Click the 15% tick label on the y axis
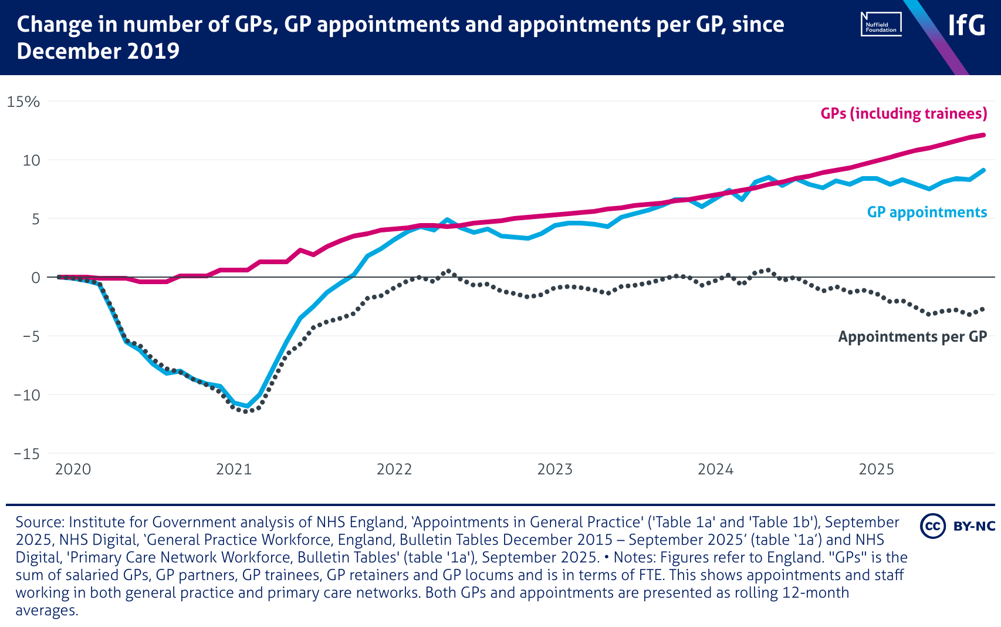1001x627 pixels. pos(23,102)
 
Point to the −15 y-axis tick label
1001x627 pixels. pos(27,454)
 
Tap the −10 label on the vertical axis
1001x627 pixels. pos(27,395)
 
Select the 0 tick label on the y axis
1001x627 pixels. pos(35,278)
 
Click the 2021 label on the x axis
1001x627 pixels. pos(234,469)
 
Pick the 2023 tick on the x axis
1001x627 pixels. pos(554,469)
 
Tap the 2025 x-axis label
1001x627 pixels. pos(876,469)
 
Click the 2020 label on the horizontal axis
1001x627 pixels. pos(73,469)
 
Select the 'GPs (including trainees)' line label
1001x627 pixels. pos(904,113)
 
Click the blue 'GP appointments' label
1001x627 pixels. pos(927,212)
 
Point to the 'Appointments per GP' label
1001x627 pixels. pos(912,336)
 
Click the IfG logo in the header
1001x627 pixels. pos(966,25)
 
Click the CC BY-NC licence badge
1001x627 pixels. pos(958,525)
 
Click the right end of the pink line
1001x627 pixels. pos(983,135)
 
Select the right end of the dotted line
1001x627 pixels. pos(983,309)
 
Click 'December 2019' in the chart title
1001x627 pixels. pos(98,52)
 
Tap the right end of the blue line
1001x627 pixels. pos(983,170)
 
